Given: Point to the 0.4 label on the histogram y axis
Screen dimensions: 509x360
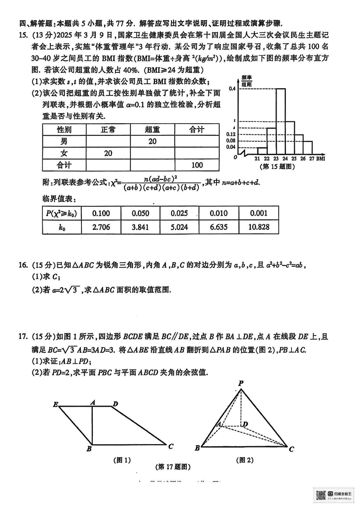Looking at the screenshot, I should (x=232, y=89).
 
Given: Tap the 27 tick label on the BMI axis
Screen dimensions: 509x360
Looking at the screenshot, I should (x=312, y=159).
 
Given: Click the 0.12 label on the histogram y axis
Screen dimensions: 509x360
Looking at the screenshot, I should (x=231, y=134).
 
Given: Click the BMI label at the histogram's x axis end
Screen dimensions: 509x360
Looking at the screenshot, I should (x=320, y=159).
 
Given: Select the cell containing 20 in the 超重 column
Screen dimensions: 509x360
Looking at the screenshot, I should (x=152, y=142).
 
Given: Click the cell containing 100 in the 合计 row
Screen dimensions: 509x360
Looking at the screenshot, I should (x=197, y=165).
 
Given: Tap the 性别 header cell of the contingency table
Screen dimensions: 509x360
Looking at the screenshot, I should (x=64, y=130).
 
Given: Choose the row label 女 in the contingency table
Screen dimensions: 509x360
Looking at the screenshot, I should (x=64, y=153).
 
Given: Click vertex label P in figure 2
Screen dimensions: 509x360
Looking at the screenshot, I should (x=241, y=383).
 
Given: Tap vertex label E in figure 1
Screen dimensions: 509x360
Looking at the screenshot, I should (x=55, y=404).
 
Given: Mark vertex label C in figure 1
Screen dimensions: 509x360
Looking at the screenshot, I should (x=171, y=446).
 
